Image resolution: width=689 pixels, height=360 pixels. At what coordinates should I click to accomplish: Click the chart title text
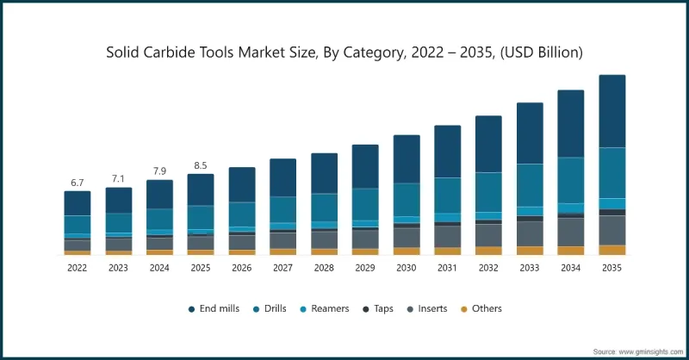(344, 53)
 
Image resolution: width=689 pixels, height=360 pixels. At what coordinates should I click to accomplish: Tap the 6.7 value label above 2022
(77, 183)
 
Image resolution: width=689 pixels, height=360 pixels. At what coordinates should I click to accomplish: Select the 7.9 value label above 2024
(159, 171)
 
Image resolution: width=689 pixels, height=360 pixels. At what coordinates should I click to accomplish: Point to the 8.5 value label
(201, 165)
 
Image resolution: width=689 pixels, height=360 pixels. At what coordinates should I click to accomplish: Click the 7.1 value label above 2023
(118, 179)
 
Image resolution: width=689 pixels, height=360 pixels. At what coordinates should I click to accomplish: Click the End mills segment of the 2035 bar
(611, 111)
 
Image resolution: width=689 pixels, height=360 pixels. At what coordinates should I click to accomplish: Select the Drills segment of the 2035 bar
(611, 172)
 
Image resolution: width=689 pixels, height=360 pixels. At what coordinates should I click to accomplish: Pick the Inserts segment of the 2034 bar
(570, 231)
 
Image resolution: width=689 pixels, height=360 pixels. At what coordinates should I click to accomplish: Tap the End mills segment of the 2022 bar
(77, 203)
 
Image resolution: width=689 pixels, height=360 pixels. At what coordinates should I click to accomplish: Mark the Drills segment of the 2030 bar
(407, 199)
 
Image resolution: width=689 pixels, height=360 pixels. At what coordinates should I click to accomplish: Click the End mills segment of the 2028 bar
(324, 173)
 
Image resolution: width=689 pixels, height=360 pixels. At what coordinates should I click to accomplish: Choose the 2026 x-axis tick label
(241, 269)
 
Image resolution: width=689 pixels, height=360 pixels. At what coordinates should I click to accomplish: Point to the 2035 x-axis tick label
(611, 269)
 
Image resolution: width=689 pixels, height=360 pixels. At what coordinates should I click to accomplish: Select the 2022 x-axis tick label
(77, 269)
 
